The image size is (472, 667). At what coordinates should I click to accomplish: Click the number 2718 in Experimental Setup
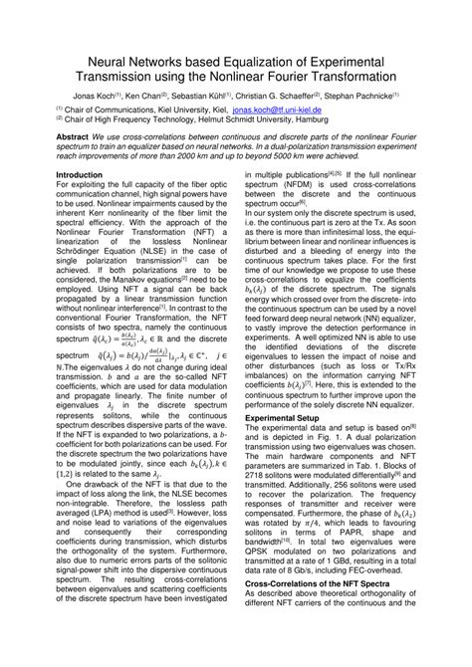[x=258, y=526]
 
